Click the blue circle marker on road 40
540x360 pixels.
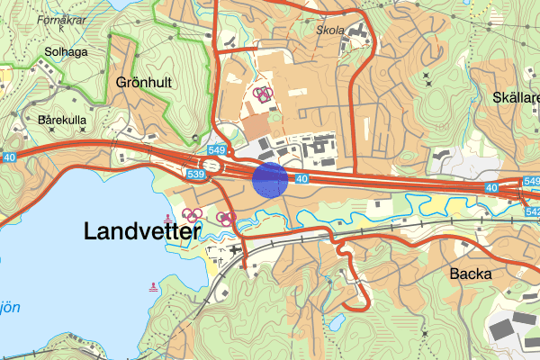269,179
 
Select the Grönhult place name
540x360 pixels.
143,82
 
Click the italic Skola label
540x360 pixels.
330,29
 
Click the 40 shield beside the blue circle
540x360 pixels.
301,179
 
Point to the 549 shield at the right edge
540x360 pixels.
531,181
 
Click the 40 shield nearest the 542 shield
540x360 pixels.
490,188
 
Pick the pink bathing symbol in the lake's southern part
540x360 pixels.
154,287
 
